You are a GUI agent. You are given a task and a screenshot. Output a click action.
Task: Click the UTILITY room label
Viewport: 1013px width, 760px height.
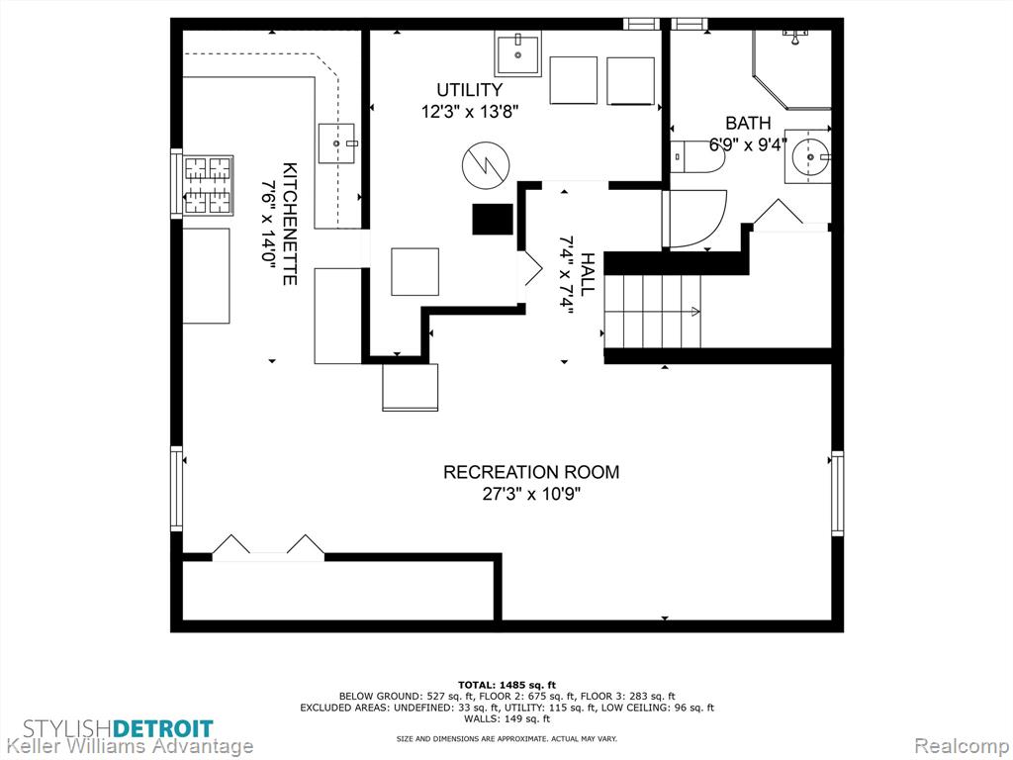point(469,90)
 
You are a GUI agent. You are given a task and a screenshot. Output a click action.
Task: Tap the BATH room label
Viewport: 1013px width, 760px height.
point(748,123)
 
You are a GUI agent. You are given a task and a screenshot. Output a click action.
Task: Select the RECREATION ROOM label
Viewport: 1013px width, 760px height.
point(531,472)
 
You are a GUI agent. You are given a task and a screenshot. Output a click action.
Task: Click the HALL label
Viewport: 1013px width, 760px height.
point(587,275)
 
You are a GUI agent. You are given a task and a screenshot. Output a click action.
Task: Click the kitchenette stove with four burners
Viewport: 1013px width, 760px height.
point(208,185)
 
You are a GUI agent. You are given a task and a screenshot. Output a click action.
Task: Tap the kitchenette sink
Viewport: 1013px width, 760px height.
point(336,142)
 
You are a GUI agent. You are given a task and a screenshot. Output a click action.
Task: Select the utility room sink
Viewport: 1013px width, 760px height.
point(518,55)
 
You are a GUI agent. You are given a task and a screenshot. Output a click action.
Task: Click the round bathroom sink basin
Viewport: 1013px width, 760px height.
point(809,156)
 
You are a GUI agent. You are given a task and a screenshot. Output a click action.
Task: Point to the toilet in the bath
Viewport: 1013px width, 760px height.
point(694,156)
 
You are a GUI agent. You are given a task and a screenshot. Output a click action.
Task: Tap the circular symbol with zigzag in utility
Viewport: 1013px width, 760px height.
point(485,165)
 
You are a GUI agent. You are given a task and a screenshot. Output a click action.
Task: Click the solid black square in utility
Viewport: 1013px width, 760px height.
point(493,219)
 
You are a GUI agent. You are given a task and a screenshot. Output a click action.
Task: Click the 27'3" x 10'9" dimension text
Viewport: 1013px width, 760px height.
point(531,495)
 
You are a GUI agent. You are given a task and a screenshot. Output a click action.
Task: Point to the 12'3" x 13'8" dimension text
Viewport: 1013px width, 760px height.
point(470,112)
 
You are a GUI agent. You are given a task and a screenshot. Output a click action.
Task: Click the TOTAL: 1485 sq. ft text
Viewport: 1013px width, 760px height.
point(506,685)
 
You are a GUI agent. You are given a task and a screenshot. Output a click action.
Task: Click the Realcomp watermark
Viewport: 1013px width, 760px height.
point(961,746)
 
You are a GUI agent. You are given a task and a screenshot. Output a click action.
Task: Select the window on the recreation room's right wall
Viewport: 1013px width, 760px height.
point(837,494)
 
